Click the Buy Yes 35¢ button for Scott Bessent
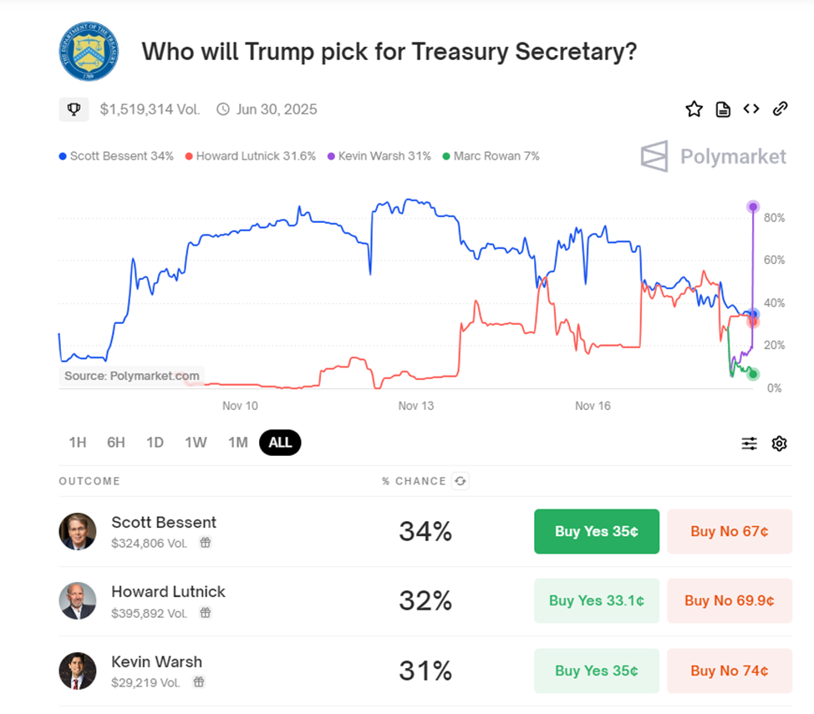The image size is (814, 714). point(596,531)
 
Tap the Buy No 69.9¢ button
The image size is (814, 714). point(729,600)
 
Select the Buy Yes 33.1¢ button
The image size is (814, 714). point(596,600)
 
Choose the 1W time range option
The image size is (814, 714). point(196,443)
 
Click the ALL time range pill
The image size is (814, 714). point(280,443)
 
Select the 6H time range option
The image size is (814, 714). point(115,443)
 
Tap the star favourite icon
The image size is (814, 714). point(694,109)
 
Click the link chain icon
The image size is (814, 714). point(780,109)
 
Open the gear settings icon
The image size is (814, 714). point(779,443)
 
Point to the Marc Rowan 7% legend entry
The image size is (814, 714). point(491,156)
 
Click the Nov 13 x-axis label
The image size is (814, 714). point(416,406)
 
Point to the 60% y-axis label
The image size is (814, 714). point(774,261)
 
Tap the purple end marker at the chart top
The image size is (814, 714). point(753,206)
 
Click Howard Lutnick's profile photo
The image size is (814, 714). point(77,600)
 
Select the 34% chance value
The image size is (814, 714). point(425,531)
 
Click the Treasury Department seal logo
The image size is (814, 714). point(89,52)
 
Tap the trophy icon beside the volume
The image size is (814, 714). point(74,109)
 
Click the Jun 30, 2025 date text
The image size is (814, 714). point(276,109)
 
